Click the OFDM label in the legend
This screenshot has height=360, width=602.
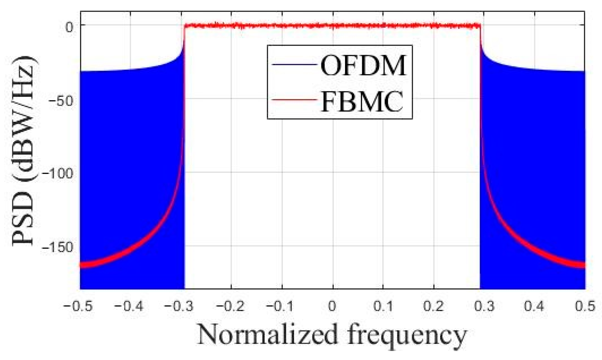(363, 66)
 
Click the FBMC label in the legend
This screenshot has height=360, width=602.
(362, 101)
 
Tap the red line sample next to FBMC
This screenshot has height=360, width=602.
(294, 100)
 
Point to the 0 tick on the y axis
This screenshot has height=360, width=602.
(69, 27)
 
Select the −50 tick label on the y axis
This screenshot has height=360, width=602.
(61, 101)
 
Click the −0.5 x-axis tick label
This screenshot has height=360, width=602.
(78, 306)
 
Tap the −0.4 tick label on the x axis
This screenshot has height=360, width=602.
(129, 306)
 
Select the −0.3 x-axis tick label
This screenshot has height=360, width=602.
(179, 306)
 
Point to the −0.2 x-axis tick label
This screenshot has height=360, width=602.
(230, 306)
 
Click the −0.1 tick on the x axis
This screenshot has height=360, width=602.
(280, 306)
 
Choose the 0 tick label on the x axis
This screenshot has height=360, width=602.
(332, 306)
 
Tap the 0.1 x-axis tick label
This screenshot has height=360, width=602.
(383, 306)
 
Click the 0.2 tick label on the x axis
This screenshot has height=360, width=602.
(434, 306)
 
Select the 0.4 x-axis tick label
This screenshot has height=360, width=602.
(534, 306)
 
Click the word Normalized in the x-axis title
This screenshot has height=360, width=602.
(267, 334)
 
